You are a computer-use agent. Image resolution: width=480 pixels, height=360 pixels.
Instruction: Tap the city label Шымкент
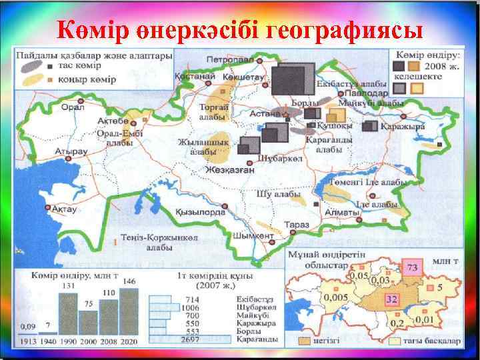coord(254,235)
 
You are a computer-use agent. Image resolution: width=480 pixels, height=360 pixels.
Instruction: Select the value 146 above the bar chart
coord(130,282)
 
